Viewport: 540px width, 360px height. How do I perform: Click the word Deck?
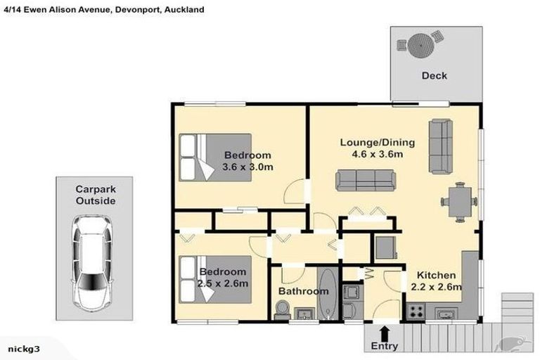[434, 76]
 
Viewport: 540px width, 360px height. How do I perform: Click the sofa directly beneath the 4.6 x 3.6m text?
[364, 180]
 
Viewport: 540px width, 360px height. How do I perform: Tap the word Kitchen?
[437, 275]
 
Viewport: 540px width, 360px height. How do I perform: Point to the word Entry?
[384, 346]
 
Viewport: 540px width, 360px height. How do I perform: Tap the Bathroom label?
[303, 291]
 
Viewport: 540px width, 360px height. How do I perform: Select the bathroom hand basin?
[304, 314]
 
